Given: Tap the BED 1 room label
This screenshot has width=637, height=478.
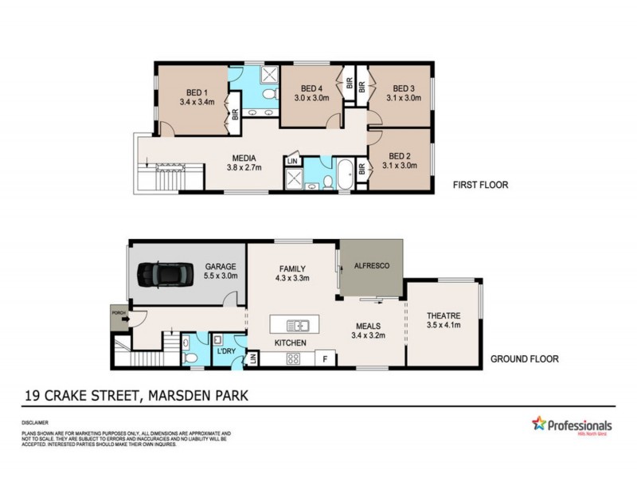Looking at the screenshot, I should (197, 91).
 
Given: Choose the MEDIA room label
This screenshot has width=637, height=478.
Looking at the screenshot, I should (244, 158).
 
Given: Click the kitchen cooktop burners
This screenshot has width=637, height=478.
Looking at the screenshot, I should (292, 359).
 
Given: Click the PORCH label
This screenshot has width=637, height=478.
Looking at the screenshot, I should (118, 313).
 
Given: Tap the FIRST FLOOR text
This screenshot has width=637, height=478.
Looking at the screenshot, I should (480, 185).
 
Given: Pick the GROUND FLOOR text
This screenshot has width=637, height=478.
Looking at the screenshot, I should (524, 359).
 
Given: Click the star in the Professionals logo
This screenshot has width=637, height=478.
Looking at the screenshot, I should (539, 424).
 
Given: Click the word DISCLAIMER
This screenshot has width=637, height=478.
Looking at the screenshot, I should (36, 423).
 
